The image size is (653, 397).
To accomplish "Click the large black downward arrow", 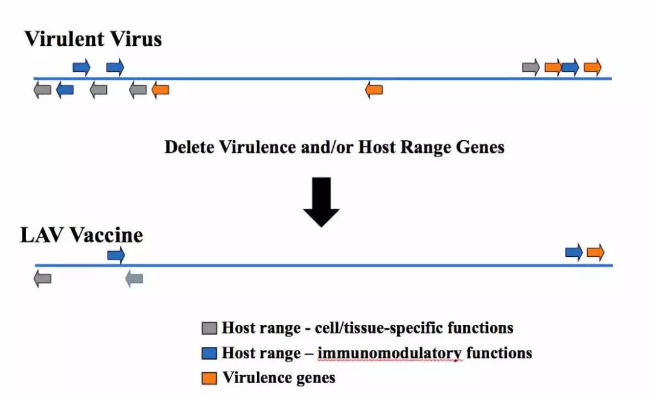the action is (x=321, y=202).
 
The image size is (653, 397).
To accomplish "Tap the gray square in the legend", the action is (x=209, y=328).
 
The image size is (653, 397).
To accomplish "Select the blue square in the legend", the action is (x=209, y=353).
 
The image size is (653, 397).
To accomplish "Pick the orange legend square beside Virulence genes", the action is (x=209, y=378).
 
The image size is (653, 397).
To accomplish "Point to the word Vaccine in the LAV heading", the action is (x=106, y=235).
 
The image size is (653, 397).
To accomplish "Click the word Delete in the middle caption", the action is (x=189, y=147).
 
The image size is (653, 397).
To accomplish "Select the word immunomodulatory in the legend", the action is (x=390, y=353).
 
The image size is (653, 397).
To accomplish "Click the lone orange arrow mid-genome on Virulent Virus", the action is (x=374, y=90).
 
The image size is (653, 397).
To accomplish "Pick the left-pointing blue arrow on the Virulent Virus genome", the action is (x=65, y=90).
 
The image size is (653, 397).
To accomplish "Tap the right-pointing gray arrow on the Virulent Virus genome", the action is (x=531, y=68).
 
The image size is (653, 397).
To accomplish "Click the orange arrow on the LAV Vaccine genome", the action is (x=596, y=252).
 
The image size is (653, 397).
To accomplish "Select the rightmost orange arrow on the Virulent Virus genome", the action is (x=593, y=68).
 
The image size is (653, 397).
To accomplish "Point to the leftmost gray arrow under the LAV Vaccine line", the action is (x=42, y=279).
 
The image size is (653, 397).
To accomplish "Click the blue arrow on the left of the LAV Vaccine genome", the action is (x=116, y=255).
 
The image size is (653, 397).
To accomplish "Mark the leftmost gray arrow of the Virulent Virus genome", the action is (x=42, y=90).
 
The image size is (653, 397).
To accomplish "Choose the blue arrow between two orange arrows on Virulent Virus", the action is (x=570, y=68).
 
